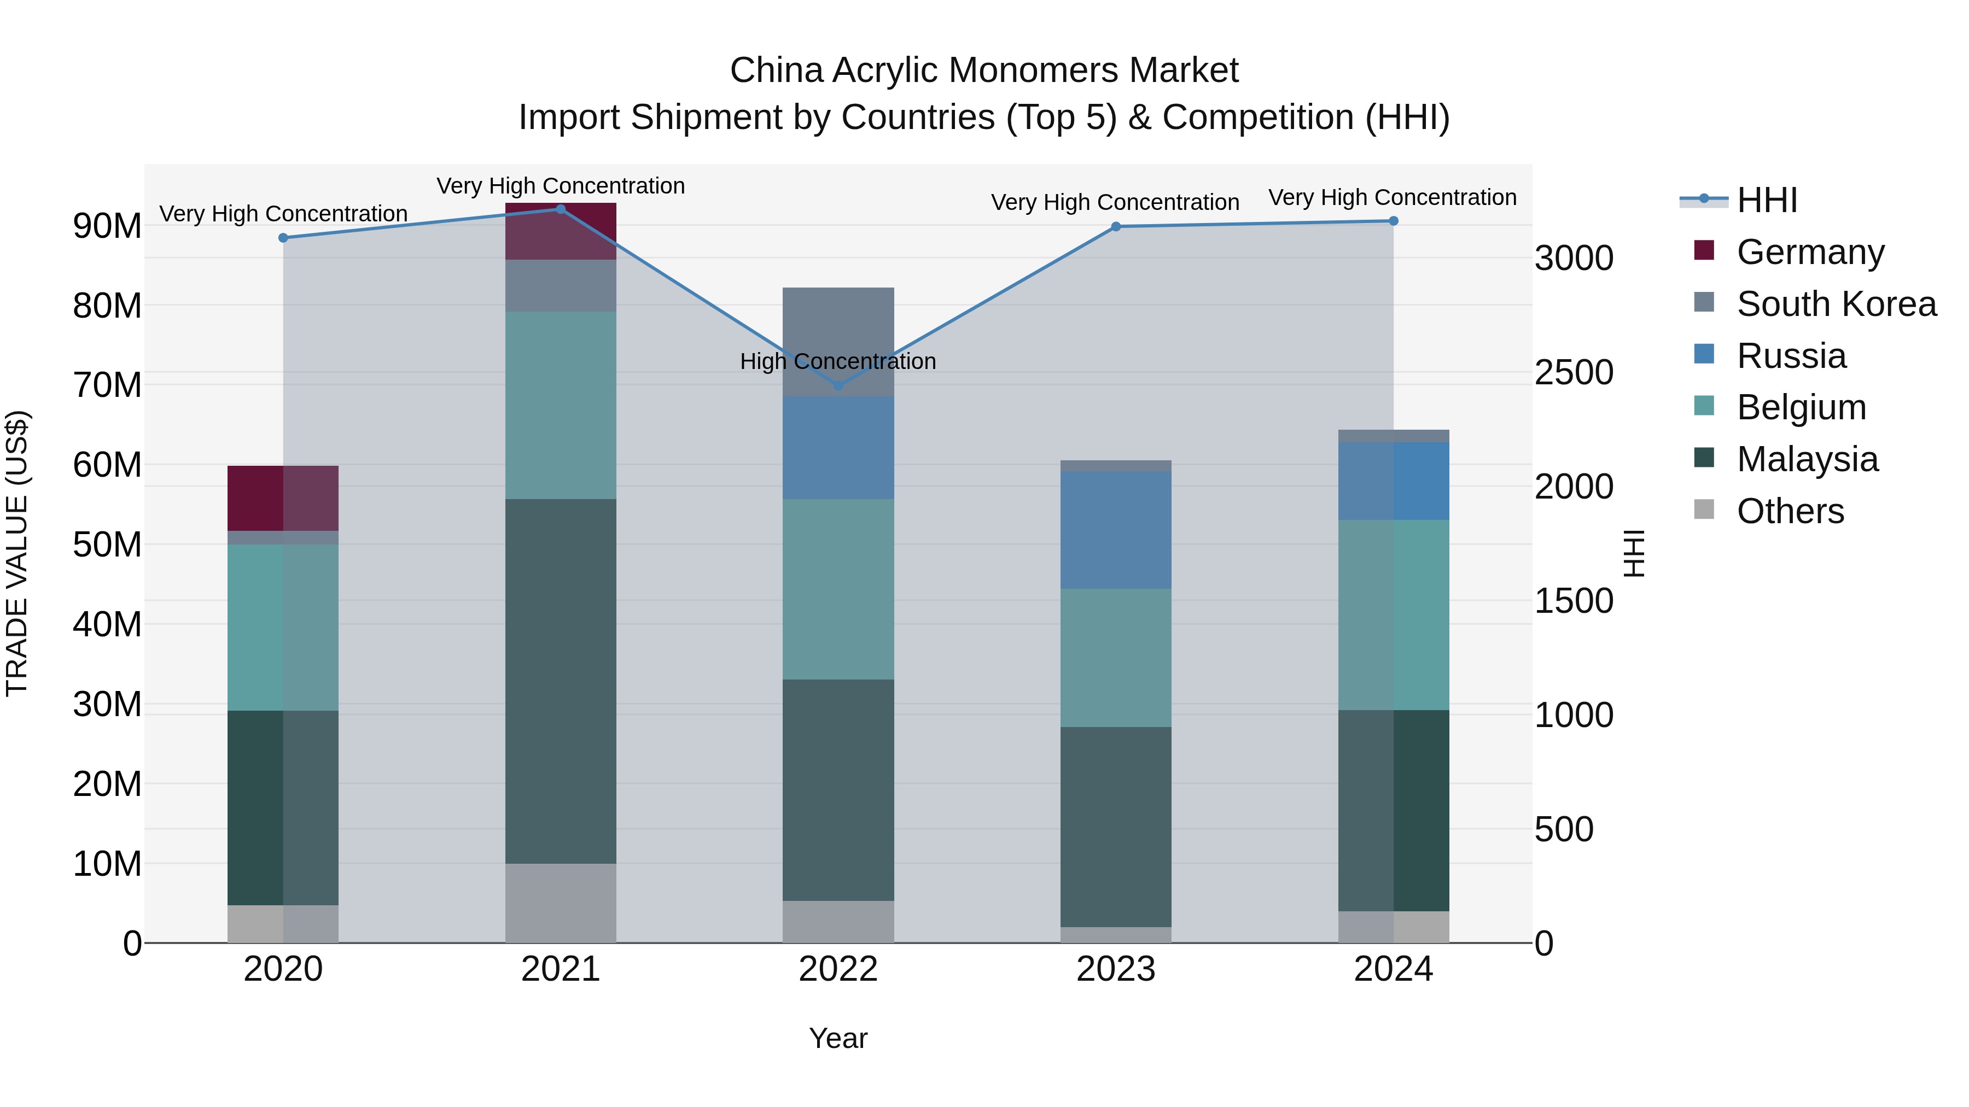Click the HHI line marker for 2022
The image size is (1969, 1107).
coord(838,386)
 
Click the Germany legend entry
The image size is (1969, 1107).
coord(1809,252)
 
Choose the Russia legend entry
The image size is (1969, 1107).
coord(1790,356)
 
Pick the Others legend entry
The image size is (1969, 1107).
coord(1790,511)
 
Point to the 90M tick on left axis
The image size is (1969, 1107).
coord(107,226)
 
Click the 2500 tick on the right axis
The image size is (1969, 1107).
coord(1573,373)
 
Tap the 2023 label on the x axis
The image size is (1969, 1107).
coord(1115,969)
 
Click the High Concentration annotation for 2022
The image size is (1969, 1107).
coord(838,361)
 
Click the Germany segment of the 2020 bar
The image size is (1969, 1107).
coord(283,498)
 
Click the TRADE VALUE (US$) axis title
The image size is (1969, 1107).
coord(17,553)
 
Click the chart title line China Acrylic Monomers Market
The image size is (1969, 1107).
coord(984,71)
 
